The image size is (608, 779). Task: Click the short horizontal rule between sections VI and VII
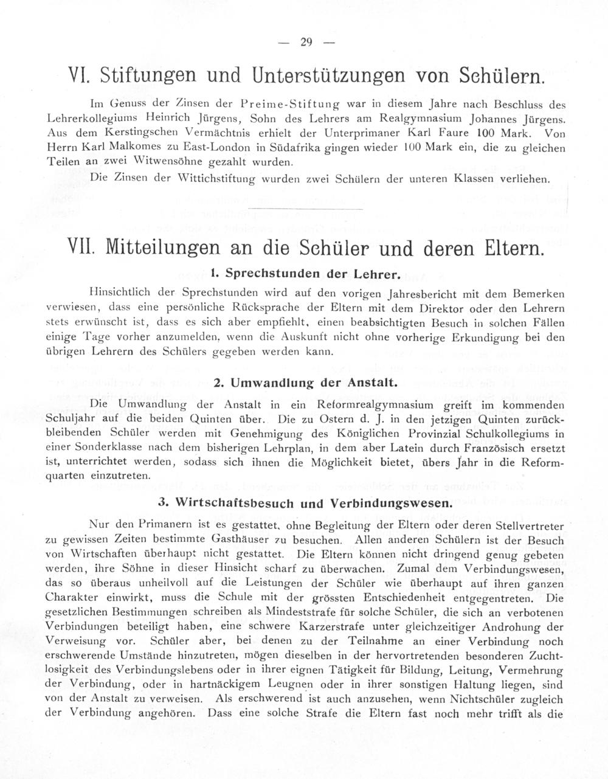click(306, 208)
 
